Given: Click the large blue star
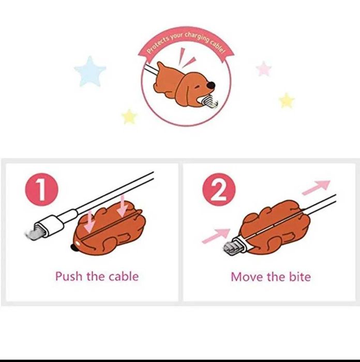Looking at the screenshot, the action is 90,72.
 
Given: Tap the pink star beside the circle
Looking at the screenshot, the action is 264,69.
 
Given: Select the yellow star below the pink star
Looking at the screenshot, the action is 287,100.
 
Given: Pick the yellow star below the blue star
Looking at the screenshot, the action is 129,117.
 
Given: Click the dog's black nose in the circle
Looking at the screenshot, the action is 211,85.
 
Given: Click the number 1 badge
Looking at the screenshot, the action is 42,190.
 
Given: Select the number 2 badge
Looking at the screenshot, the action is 219,190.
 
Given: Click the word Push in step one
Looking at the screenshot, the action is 68,277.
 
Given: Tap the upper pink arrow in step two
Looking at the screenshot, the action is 316,187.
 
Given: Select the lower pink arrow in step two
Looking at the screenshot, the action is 216,236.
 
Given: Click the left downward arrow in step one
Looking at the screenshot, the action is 89,221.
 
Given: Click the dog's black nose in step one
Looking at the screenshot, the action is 74,248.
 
